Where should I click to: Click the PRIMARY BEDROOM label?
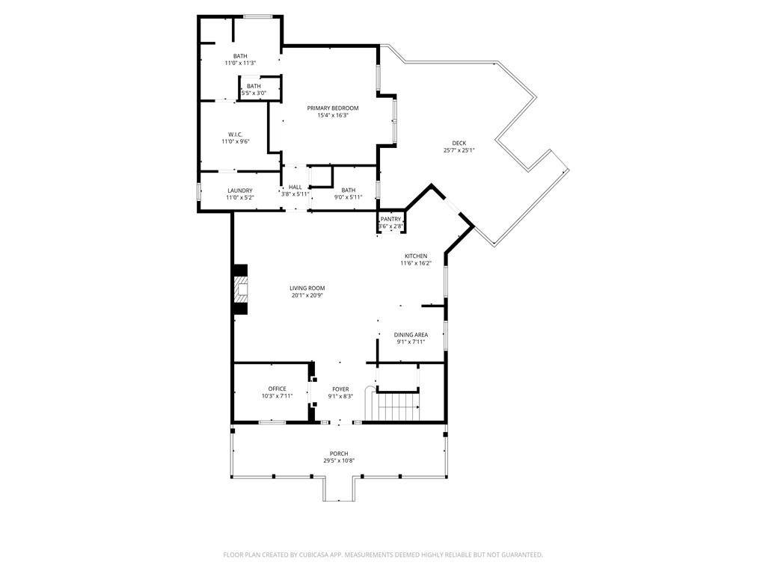click(333, 108)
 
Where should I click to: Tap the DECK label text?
click(459, 143)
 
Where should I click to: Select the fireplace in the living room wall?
click(240, 290)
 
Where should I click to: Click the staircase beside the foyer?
click(399, 407)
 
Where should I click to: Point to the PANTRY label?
click(390, 219)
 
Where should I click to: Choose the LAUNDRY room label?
click(240, 191)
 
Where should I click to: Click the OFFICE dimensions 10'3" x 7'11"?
click(277, 396)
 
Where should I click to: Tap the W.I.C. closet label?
click(236, 135)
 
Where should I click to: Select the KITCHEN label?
click(416, 256)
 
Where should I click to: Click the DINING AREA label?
click(411, 335)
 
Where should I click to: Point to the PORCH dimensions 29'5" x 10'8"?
click(339, 460)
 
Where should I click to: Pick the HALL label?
click(295, 187)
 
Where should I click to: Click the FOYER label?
click(340, 389)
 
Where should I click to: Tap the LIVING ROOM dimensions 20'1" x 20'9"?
click(307, 295)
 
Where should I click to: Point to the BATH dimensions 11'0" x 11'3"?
click(240, 63)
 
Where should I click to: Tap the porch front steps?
click(339, 490)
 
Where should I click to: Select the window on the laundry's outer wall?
click(198, 191)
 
